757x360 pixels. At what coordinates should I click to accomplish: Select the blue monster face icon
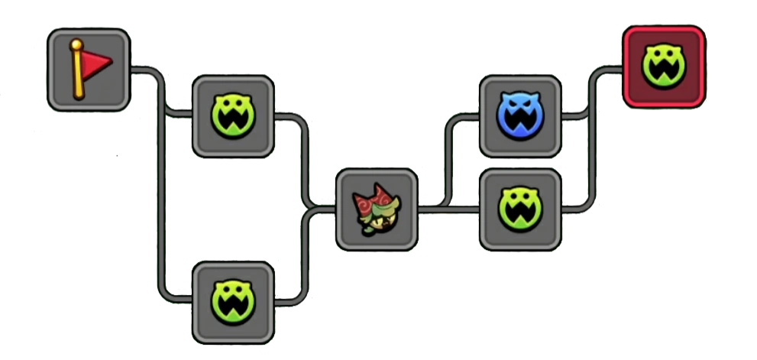pos(520,115)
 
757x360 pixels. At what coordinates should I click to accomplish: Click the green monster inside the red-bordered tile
pos(663,66)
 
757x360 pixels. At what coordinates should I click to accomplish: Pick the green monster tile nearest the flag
pos(233,116)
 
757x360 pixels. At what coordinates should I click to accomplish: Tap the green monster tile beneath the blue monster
pos(520,208)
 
